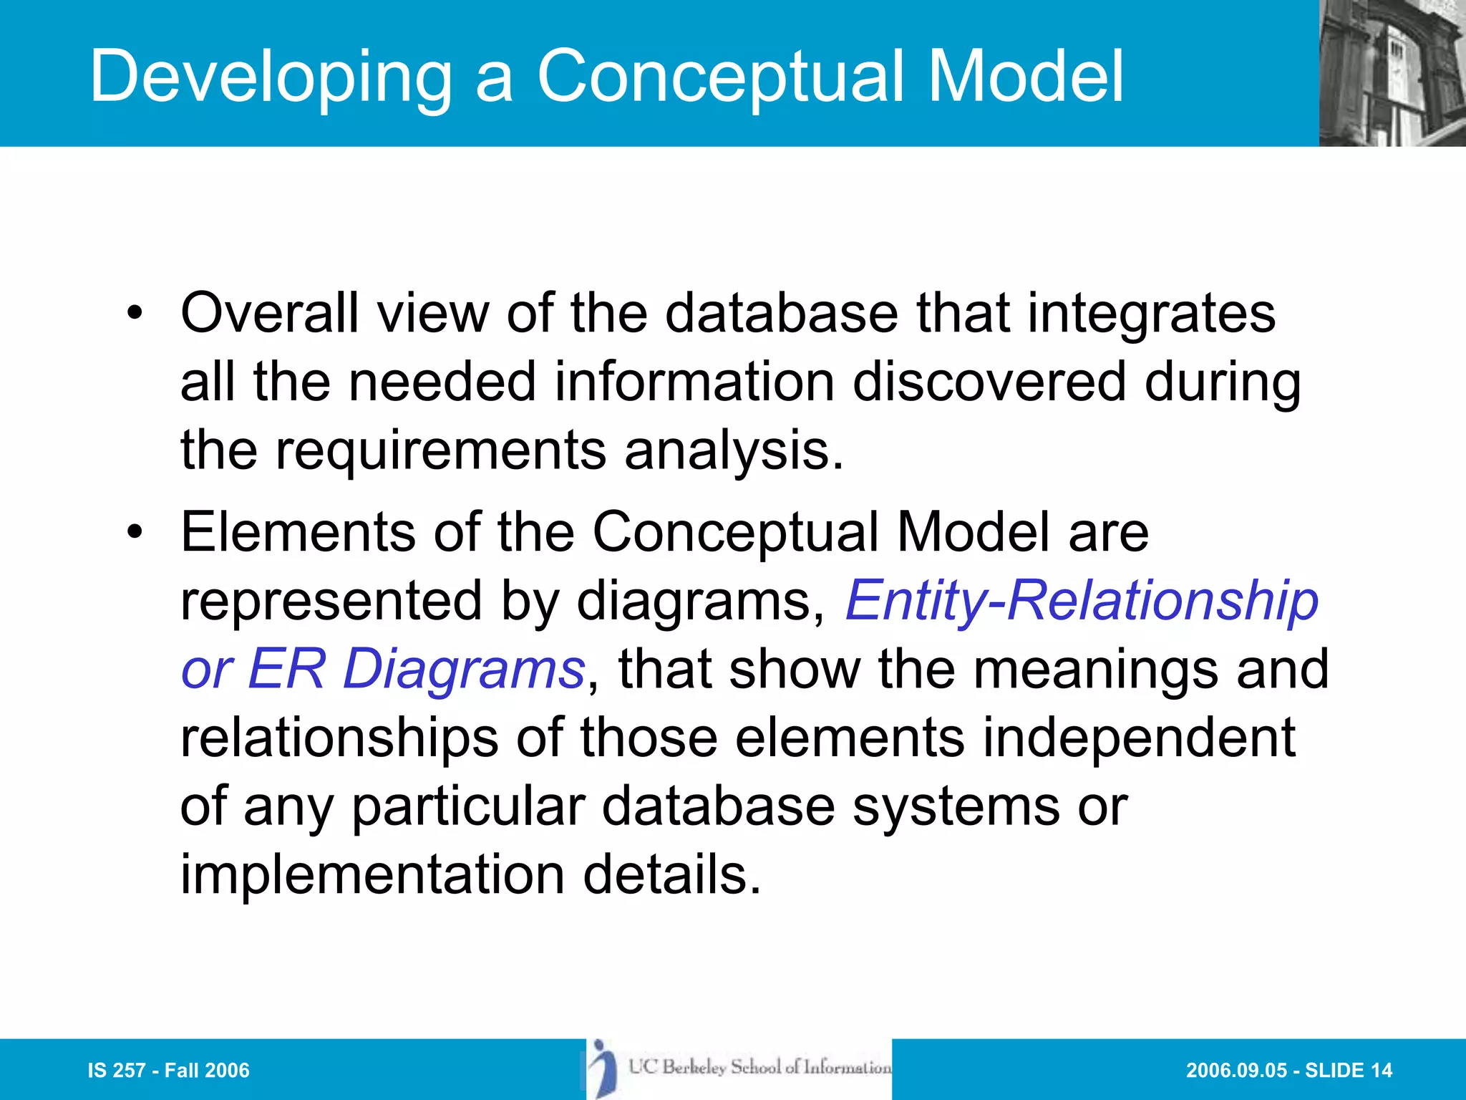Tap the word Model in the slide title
click(x=1025, y=76)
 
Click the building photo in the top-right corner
click(x=1392, y=73)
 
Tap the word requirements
click(x=441, y=451)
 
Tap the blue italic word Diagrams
click(x=464, y=669)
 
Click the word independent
click(x=1138, y=738)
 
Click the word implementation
click(x=372, y=875)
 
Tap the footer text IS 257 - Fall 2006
click(x=168, y=1071)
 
